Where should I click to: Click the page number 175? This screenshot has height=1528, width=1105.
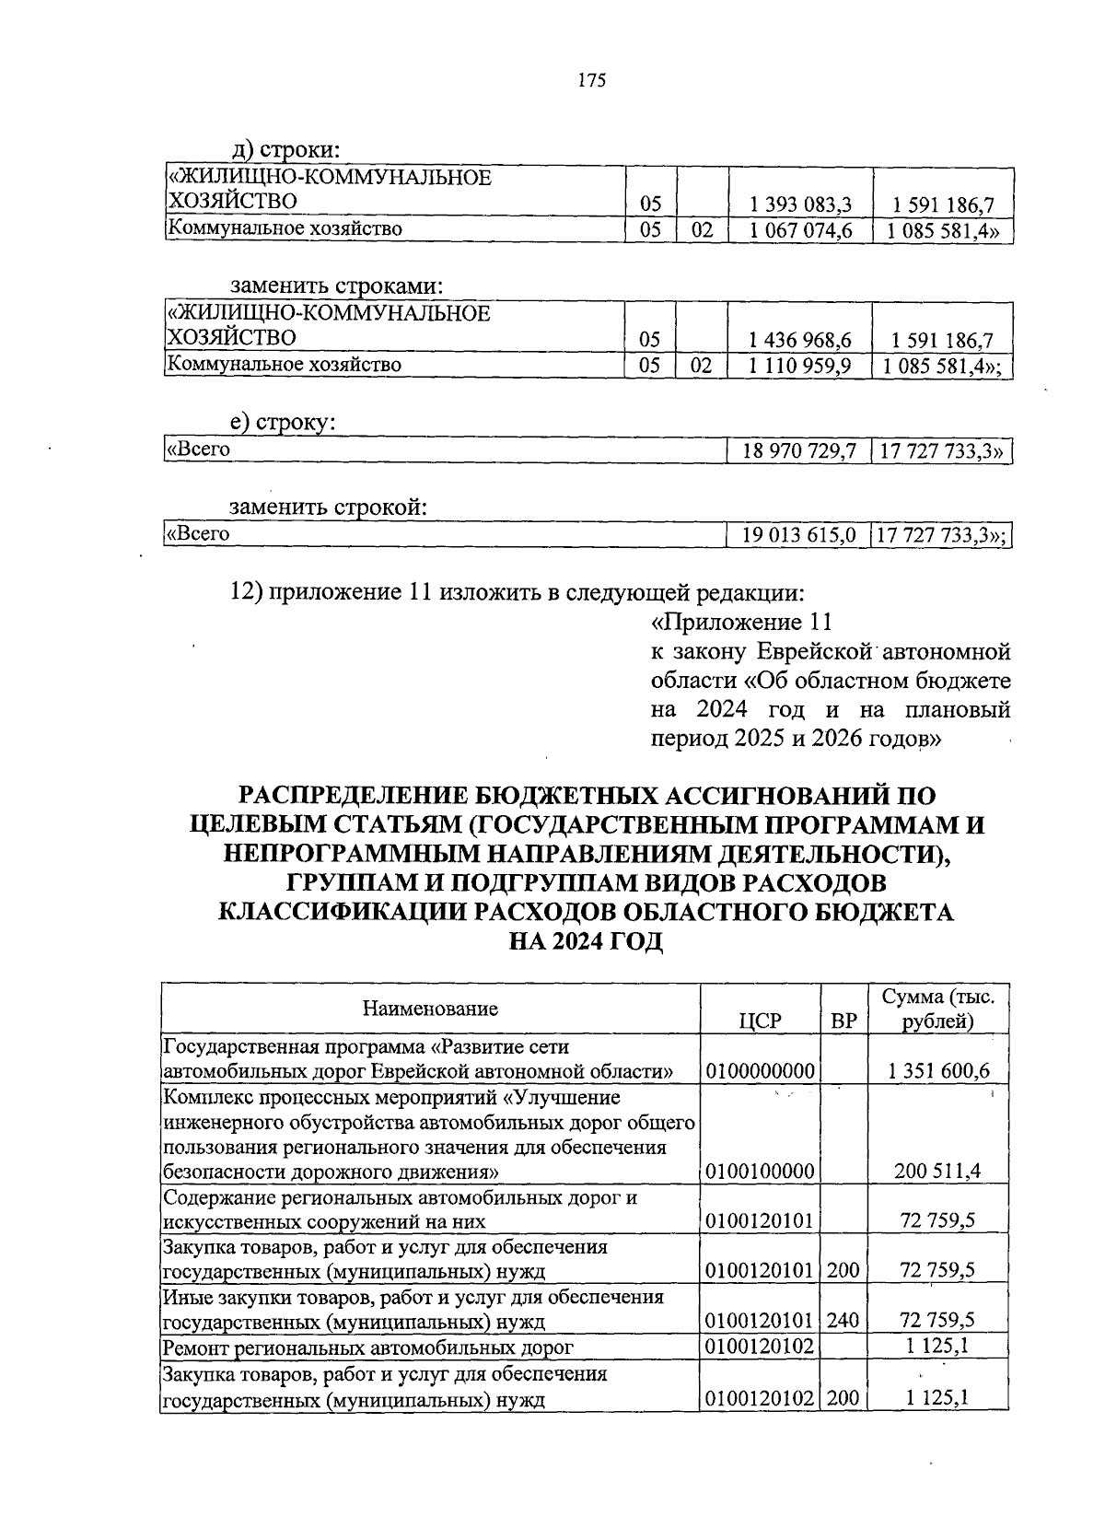591,81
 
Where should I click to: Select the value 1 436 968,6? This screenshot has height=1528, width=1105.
800,340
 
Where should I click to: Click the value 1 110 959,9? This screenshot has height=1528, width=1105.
800,366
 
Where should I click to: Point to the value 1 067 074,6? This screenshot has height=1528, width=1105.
800,230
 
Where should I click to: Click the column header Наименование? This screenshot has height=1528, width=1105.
430,1008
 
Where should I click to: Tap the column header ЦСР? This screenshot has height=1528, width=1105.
760,1021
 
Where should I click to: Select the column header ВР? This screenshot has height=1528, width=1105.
843,1021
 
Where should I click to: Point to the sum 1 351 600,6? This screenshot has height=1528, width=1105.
938,1071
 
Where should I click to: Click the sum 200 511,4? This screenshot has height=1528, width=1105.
938,1172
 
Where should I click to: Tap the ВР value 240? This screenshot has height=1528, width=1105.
843,1321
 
